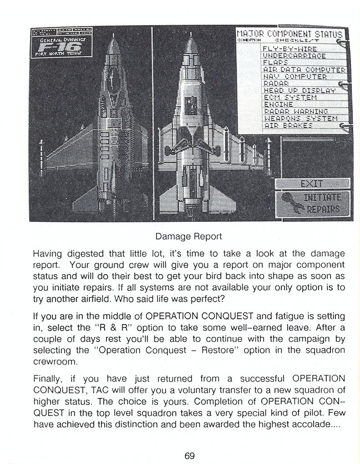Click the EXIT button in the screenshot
312,184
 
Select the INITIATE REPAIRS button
313,203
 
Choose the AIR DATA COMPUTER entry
304,70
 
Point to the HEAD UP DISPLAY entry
299,91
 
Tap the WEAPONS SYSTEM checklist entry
300,118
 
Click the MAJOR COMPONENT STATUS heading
289,33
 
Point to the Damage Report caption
188,236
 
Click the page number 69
189,455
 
